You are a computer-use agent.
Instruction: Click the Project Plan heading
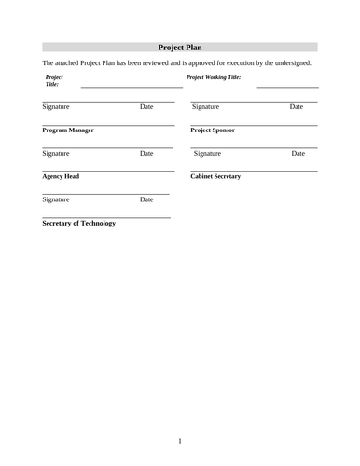[180, 47]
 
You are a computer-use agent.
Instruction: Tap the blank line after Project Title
[127, 86]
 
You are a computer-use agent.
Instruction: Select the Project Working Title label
[214, 77]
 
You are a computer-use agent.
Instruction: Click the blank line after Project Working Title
[286, 86]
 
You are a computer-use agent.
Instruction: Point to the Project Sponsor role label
[213, 130]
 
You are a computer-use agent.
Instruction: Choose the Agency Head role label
[61, 176]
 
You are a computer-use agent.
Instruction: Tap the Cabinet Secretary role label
[215, 176]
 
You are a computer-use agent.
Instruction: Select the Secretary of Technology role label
[79, 224]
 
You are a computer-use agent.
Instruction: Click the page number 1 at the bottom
[180, 440]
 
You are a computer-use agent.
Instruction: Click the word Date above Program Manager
[146, 107]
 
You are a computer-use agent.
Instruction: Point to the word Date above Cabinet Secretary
[298, 153]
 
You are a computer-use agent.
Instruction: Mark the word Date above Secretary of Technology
[146, 199]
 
